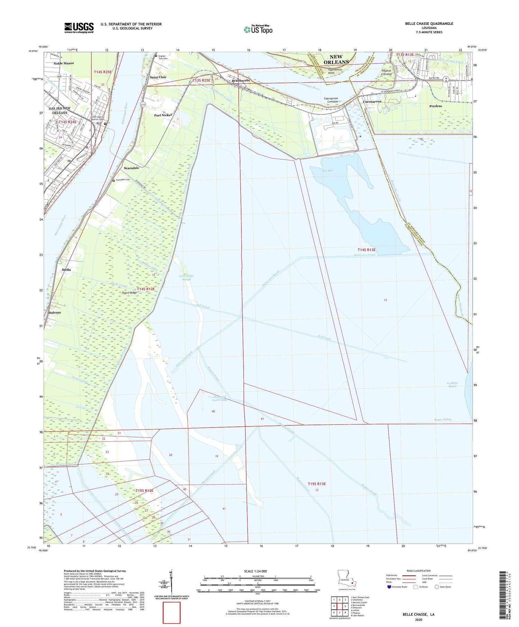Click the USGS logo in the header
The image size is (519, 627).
79,28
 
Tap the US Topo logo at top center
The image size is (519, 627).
258,29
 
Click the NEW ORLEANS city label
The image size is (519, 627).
336,59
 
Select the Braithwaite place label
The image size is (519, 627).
241,80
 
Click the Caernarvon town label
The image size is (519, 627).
372,102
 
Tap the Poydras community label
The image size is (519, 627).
435,106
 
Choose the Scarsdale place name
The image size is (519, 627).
131,168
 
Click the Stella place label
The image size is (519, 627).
66,269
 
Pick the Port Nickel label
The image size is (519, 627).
163,115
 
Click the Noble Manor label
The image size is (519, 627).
64,63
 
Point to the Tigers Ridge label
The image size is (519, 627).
129,293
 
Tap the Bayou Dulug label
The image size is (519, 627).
443,419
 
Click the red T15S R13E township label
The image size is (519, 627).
317,484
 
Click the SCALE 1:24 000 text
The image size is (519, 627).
257,571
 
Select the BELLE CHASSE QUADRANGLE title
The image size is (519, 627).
424,24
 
